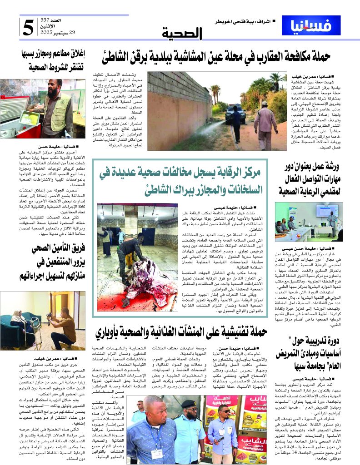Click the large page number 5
click(28, 27)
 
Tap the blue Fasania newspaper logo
click(304, 25)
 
